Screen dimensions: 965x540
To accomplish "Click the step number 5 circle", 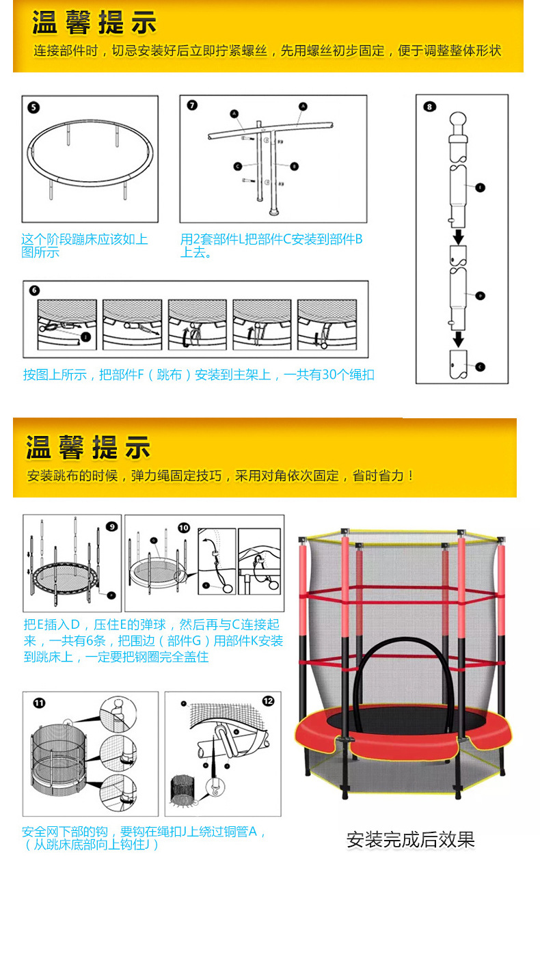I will click(x=33, y=107).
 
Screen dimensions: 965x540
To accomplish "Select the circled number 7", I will click(x=192, y=105).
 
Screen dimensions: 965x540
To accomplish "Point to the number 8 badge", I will click(x=429, y=106).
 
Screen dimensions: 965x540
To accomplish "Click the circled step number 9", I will click(x=111, y=526).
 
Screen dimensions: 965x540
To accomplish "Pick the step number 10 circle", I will click(x=185, y=528).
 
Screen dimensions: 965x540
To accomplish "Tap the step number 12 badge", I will click(x=268, y=701).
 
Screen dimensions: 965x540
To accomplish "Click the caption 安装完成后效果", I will click(x=410, y=839).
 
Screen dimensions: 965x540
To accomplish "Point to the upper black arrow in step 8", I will click(x=459, y=236).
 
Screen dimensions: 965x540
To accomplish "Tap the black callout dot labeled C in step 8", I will click(x=479, y=366).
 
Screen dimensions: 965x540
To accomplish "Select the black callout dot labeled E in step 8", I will click(x=479, y=187).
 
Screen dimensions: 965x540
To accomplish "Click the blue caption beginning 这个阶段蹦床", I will click(x=84, y=245).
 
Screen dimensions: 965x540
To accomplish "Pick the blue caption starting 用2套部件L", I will click(x=271, y=245).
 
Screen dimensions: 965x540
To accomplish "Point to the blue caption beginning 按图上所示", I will click(x=198, y=375).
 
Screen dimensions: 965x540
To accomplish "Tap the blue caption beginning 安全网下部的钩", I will click(x=143, y=838).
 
